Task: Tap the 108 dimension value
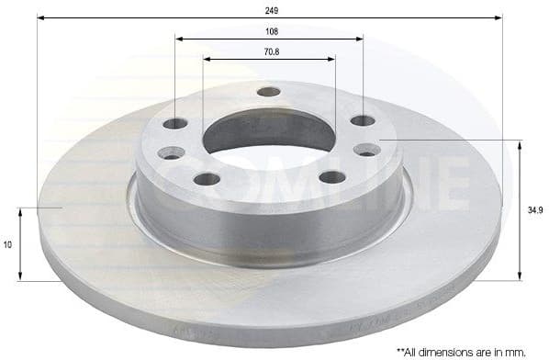click(x=270, y=30)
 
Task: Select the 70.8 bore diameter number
click(x=270, y=51)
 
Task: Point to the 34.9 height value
click(x=535, y=210)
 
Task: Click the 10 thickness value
click(x=8, y=245)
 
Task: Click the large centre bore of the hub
click(x=268, y=134)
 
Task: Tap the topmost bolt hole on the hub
click(x=268, y=92)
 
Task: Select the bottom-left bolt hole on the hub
click(x=207, y=178)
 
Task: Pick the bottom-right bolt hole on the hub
click(x=332, y=177)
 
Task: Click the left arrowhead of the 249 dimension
click(x=41, y=17)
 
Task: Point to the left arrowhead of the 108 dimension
click(x=178, y=39)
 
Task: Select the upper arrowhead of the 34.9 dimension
click(x=521, y=144)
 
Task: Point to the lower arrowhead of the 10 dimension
click(x=23, y=277)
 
